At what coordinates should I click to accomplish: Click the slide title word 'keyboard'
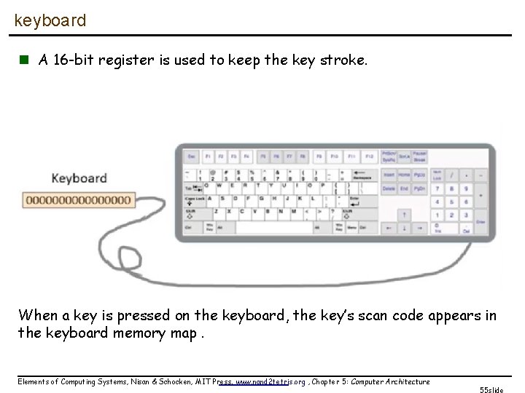click(x=50, y=20)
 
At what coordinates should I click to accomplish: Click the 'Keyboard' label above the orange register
click(x=79, y=178)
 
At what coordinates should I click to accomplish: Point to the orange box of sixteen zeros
click(x=78, y=199)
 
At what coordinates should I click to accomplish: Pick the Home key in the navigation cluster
click(x=403, y=175)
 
